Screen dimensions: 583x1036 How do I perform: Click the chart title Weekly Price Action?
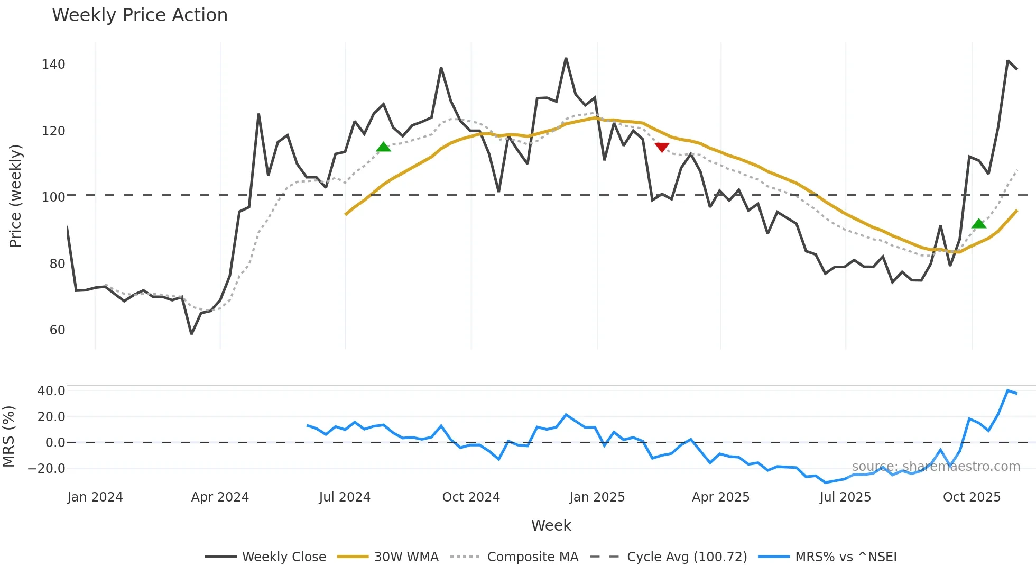[140, 15]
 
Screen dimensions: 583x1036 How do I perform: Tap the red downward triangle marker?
[662, 147]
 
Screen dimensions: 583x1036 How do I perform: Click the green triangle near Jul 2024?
[384, 147]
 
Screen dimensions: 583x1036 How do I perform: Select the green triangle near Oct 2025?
[979, 224]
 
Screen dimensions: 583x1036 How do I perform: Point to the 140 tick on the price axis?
[53, 65]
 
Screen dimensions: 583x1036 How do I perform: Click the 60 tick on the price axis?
[57, 330]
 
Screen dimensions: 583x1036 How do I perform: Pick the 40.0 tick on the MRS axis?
[51, 391]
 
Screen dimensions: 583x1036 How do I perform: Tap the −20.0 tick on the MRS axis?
[47, 469]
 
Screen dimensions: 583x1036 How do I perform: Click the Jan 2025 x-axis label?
[597, 497]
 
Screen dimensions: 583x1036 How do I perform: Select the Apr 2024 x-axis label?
[220, 497]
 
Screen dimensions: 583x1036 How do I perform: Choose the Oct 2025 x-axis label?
[972, 497]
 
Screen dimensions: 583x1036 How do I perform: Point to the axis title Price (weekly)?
[15, 196]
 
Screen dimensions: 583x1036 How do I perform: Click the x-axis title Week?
[551, 525]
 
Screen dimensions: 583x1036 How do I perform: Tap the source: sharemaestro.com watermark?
[936, 467]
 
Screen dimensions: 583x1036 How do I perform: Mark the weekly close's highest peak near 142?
[566, 58]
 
